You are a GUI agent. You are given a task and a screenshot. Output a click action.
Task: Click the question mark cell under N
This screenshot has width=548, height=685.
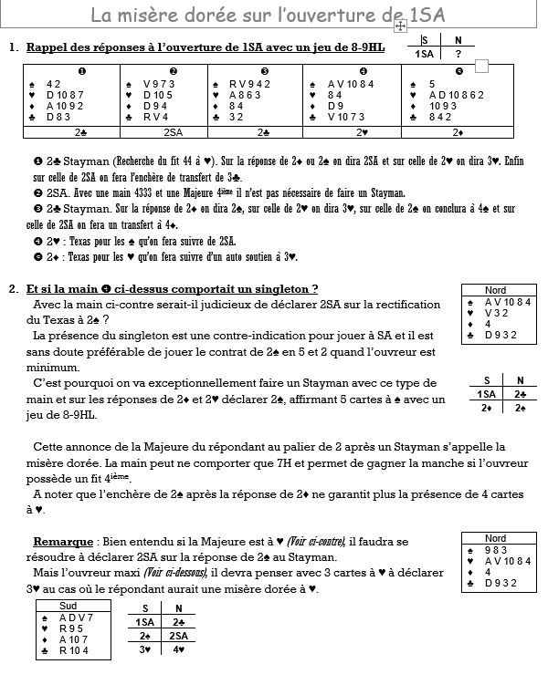click(458, 53)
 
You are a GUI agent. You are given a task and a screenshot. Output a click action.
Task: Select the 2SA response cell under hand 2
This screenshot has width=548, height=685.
click(173, 132)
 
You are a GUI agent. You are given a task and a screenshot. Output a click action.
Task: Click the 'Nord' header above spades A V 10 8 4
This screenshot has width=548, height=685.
click(495, 290)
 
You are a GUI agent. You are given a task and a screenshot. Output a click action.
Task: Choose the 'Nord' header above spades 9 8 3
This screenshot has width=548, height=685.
click(495, 538)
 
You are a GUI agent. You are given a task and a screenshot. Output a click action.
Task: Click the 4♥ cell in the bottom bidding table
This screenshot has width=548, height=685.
click(180, 649)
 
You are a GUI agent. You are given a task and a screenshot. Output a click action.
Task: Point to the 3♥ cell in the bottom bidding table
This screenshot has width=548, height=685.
click(144, 649)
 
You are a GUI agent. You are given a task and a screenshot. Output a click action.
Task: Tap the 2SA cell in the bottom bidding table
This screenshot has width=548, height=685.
click(180, 635)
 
